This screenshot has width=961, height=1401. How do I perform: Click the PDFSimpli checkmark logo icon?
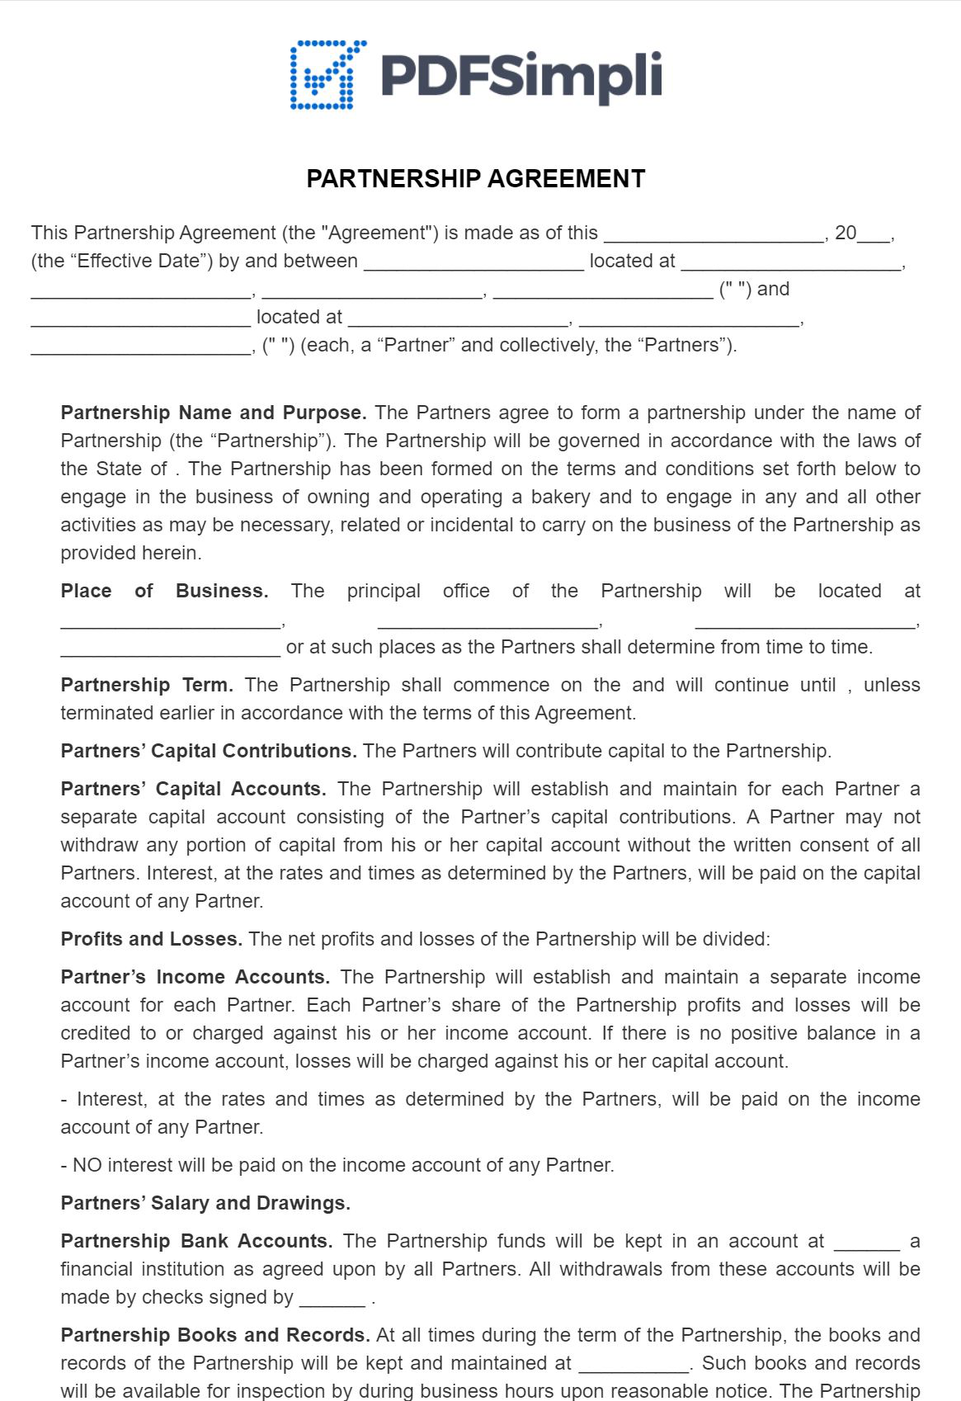tap(327, 75)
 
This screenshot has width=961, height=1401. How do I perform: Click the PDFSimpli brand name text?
tap(521, 75)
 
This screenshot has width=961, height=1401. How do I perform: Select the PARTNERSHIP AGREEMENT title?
tap(476, 179)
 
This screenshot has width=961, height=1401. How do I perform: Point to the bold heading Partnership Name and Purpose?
tap(214, 413)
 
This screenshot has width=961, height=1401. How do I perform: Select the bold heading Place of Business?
tap(164, 591)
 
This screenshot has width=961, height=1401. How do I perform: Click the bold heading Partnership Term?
tap(147, 685)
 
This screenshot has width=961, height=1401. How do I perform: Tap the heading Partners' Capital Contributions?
tap(209, 751)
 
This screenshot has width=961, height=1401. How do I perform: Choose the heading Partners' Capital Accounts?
tap(193, 789)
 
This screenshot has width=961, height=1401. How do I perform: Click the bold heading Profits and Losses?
tap(152, 939)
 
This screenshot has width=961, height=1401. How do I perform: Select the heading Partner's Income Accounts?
tap(195, 977)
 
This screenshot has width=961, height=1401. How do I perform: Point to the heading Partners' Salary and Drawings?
tap(205, 1203)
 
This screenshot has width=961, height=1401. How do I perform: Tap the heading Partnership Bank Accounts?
tap(196, 1241)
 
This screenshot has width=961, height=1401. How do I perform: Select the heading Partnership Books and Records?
tap(215, 1335)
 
